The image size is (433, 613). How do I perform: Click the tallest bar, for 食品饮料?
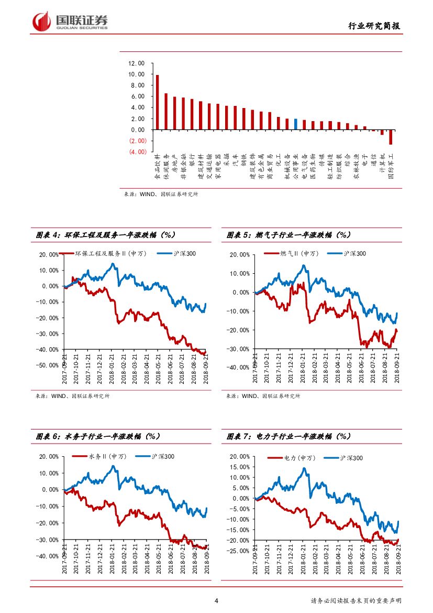coord(157,102)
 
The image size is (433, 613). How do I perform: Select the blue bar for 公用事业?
coord(295,124)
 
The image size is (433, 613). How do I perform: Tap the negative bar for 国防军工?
coord(391,137)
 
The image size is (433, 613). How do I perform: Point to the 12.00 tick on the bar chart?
coord(136,63)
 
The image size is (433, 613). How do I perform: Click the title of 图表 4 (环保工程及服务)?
coord(105,235)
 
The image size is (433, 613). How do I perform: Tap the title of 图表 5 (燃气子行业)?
coord(288,235)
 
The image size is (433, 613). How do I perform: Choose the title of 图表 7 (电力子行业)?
coord(288,436)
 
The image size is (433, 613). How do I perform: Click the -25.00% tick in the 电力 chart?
coord(239,551)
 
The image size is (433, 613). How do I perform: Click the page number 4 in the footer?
coord(216,601)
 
